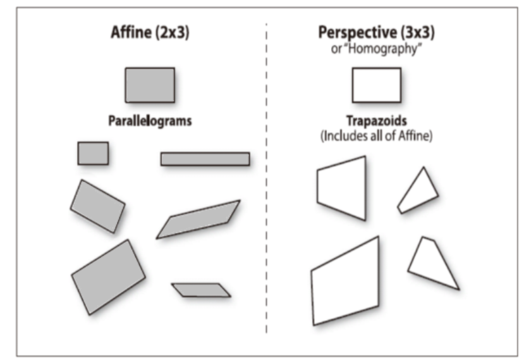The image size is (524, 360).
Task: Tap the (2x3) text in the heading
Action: click(171, 34)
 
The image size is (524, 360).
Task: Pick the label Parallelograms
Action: click(149, 121)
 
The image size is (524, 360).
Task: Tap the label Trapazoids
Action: click(376, 120)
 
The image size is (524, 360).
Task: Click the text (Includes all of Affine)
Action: click(376, 135)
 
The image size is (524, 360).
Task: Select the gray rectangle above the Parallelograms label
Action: click(149, 85)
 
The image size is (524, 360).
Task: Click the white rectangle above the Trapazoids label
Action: click(376, 85)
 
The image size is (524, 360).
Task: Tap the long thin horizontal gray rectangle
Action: click(205, 159)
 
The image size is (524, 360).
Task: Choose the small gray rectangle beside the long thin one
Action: click(93, 153)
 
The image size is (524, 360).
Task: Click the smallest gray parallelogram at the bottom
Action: click(201, 290)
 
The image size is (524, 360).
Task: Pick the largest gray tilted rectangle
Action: click(107, 276)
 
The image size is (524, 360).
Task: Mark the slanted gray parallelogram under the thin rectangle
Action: click(198, 219)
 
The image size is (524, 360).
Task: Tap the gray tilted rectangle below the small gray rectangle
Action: click(97, 206)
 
